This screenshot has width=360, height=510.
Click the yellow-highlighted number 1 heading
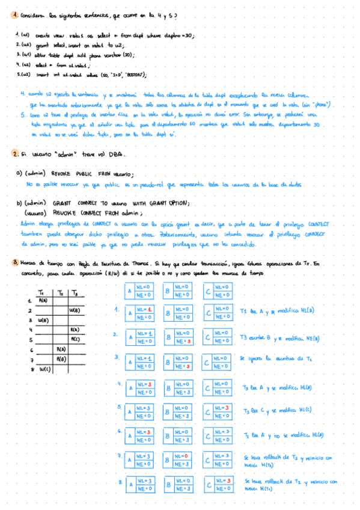(14, 16)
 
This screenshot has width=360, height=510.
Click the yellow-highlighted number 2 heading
(14, 155)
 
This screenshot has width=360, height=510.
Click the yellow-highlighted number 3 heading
(14, 263)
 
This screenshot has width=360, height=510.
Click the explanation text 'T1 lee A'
(252, 312)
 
